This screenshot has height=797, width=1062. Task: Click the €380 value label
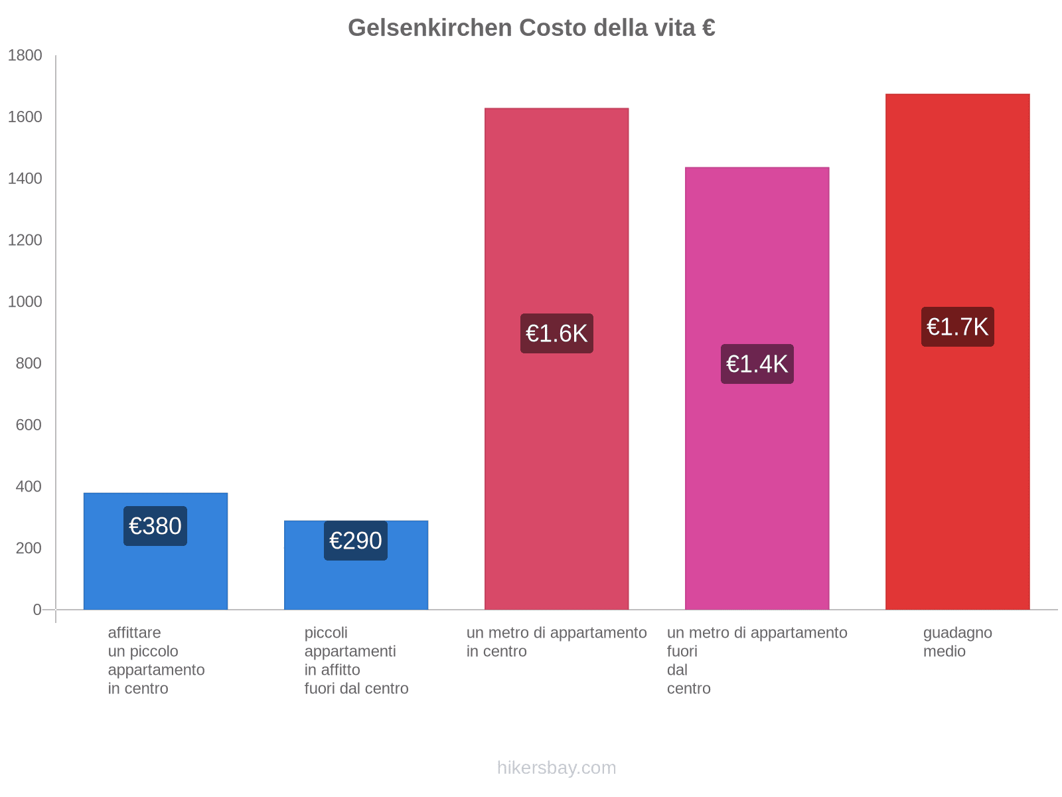click(155, 526)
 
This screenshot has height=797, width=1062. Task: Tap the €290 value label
click(356, 541)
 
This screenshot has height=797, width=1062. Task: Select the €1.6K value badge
click(556, 333)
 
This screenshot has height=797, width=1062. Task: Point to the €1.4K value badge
click(757, 364)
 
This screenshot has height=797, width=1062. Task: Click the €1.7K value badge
click(957, 327)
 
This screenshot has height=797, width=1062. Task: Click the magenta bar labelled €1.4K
click(757, 498)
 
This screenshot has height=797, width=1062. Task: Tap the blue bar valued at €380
click(155, 578)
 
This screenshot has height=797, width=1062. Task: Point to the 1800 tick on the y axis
click(25, 56)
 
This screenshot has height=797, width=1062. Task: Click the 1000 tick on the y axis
click(25, 302)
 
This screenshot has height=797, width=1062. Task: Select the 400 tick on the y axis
click(29, 487)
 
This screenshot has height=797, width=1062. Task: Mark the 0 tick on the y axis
click(37, 610)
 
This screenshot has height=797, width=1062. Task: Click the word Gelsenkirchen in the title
click(429, 28)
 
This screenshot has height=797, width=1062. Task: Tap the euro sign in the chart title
click(708, 28)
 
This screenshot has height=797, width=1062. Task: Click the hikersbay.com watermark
click(556, 768)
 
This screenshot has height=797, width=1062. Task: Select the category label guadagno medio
click(957, 642)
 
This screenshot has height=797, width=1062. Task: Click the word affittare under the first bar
click(134, 633)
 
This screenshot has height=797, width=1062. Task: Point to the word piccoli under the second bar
click(326, 633)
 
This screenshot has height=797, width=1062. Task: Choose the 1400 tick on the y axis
click(25, 179)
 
